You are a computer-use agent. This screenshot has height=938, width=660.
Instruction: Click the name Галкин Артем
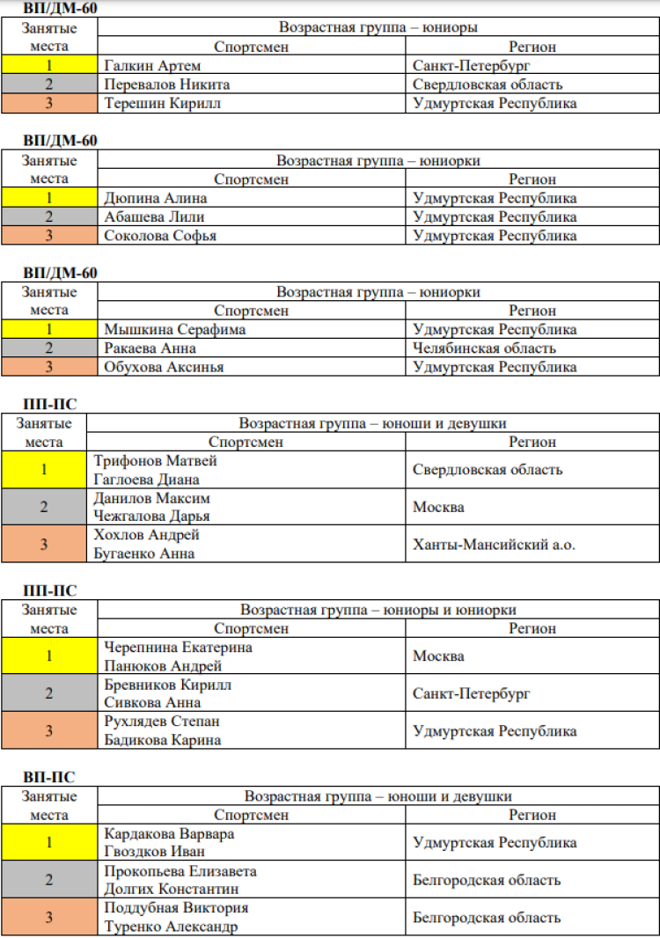(152, 66)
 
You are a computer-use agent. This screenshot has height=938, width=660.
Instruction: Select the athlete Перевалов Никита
(166, 84)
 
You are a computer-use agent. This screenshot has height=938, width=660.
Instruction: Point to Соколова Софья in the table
(160, 235)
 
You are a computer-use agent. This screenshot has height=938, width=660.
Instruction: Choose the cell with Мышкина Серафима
(174, 330)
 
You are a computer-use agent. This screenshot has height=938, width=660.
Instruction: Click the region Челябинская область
(484, 348)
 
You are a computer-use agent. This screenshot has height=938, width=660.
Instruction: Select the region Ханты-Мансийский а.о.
(494, 545)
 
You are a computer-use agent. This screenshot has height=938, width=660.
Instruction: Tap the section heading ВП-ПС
(49, 777)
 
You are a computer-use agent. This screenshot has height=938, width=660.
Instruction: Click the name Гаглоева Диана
(146, 480)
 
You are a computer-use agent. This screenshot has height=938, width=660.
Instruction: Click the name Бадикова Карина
(162, 740)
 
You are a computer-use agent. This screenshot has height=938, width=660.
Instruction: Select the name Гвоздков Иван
(156, 852)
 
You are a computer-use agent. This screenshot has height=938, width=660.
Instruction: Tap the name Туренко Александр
(171, 927)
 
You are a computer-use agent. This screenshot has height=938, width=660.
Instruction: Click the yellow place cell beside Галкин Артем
(49, 66)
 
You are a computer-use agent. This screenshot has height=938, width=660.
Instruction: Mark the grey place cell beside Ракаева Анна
(49, 348)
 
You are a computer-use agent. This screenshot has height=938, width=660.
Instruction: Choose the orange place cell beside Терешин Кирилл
(49, 103)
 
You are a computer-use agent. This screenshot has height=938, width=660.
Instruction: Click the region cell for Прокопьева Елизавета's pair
(487, 880)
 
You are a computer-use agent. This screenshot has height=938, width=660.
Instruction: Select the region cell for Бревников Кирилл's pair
(472, 693)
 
